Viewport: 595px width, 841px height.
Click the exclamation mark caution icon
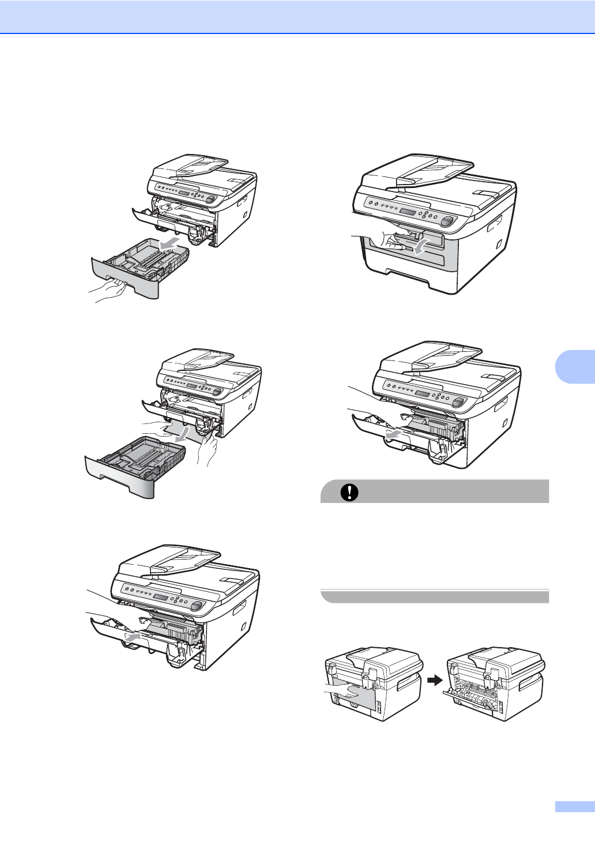[349, 492]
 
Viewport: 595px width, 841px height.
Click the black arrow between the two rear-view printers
[435, 681]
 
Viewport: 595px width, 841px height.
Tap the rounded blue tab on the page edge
[575, 364]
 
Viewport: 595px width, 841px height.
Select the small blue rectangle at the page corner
[574, 807]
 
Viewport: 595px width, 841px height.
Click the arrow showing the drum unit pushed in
[132, 636]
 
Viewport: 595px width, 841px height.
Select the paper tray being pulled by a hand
[141, 268]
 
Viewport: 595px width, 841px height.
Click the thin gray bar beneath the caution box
[434, 596]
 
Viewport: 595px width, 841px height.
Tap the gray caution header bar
[434, 492]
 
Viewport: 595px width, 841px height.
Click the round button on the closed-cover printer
[446, 221]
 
